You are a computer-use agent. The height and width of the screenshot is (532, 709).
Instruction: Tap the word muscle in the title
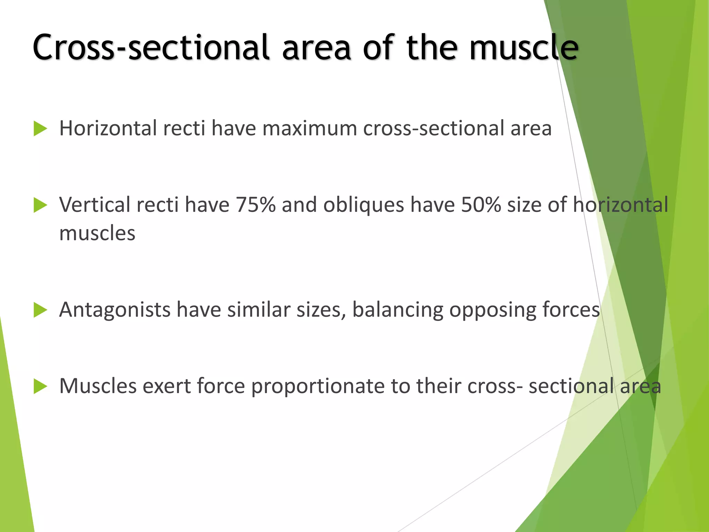pyautogui.click(x=523, y=47)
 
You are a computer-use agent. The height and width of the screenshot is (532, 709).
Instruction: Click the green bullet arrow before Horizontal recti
pyautogui.click(x=40, y=129)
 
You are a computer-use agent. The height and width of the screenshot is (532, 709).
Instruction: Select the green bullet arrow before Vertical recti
pyautogui.click(x=40, y=205)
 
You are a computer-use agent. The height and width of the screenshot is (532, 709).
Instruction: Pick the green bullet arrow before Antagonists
pyautogui.click(x=40, y=310)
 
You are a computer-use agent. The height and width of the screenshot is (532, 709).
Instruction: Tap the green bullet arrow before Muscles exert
pyautogui.click(x=40, y=387)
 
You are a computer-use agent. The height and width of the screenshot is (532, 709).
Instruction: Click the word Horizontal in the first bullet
pyautogui.click(x=108, y=128)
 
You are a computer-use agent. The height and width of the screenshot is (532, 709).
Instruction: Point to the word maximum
pyautogui.click(x=309, y=128)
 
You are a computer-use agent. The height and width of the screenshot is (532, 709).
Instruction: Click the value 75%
pyautogui.click(x=255, y=205)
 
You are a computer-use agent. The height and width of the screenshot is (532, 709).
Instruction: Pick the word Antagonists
pyautogui.click(x=115, y=309)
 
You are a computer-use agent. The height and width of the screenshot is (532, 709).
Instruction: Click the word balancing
pyautogui.click(x=397, y=310)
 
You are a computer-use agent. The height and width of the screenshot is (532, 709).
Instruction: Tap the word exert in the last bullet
pyautogui.click(x=167, y=386)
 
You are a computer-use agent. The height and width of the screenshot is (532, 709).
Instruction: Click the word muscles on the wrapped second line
pyautogui.click(x=97, y=233)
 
